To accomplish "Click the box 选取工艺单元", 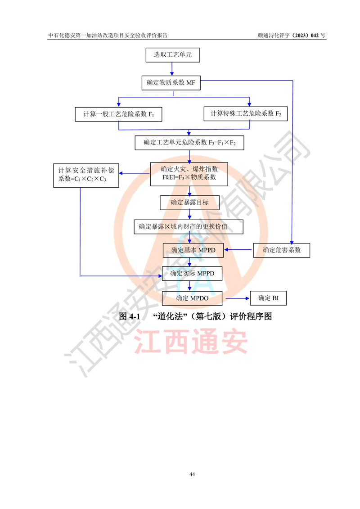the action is coord(173,55).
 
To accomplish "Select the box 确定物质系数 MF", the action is coord(171,83).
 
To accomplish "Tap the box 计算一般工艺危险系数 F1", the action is coord(118,114).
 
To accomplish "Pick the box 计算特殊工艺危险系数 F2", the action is coord(246,113).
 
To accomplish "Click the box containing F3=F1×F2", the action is coord(189,143).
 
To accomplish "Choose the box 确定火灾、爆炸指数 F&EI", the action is coord(189,174).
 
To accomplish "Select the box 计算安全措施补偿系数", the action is coord(86,176).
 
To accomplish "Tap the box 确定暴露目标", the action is coord(189,203).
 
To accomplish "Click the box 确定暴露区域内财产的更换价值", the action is coord(189,227).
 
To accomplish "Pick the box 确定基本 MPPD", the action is coord(193,250).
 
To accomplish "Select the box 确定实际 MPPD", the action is coord(192,274).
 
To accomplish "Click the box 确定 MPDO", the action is coord(192,298).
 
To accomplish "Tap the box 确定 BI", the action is coord(269,298).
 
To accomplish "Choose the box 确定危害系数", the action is coord(281,250).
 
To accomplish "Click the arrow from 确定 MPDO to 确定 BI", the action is coord(238,298).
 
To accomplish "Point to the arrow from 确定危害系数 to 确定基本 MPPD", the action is coord(238,250).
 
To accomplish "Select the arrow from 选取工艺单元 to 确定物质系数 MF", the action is coord(172,69).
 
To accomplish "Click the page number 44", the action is coord(192,474).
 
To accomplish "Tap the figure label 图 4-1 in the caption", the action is coord(130,316).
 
